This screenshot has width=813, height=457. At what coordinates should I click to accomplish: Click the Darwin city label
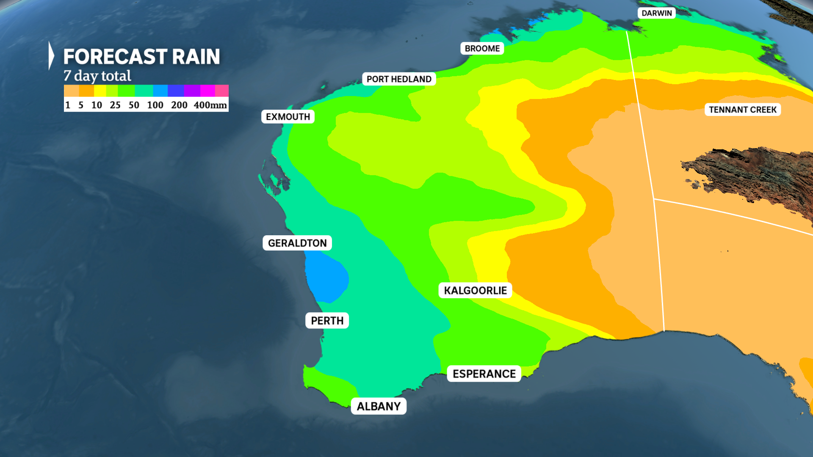tap(656, 13)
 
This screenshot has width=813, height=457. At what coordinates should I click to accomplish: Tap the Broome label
tap(482, 48)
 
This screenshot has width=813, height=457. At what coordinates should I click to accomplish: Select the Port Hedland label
tap(399, 79)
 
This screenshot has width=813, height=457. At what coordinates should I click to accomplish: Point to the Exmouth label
tap(288, 117)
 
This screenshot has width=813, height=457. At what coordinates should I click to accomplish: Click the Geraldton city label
tap(297, 243)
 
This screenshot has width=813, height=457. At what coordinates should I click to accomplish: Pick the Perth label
tap(327, 321)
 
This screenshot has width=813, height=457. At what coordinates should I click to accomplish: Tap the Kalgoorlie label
tap(475, 290)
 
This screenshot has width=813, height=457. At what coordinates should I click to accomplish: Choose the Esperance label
tap(484, 374)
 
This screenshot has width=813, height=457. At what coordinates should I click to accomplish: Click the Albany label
tap(379, 406)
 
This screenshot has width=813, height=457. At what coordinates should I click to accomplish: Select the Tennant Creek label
tap(743, 110)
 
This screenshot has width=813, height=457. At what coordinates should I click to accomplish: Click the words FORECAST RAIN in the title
tap(141, 57)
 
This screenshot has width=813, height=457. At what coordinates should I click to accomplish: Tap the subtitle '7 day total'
tap(97, 76)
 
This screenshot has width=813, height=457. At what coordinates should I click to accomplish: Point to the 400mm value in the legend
tap(210, 105)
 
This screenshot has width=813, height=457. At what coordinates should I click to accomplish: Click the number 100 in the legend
tap(155, 105)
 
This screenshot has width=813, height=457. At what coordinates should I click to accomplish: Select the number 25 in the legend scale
tap(115, 105)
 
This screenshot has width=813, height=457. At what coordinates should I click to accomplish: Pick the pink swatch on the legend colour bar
tap(222, 91)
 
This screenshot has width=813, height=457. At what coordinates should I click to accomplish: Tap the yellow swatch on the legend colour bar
tap(100, 91)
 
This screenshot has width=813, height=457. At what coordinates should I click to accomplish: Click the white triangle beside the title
tap(51, 55)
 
